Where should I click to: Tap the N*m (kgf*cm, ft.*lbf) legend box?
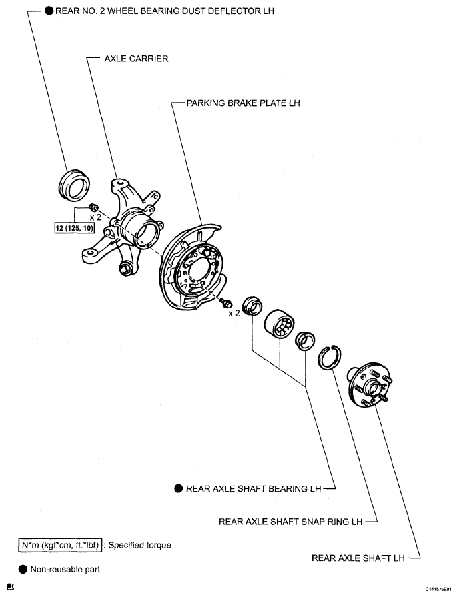pos(59,545)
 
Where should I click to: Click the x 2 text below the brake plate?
pos(234,313)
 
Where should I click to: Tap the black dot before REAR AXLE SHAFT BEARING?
pos(178,488)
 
